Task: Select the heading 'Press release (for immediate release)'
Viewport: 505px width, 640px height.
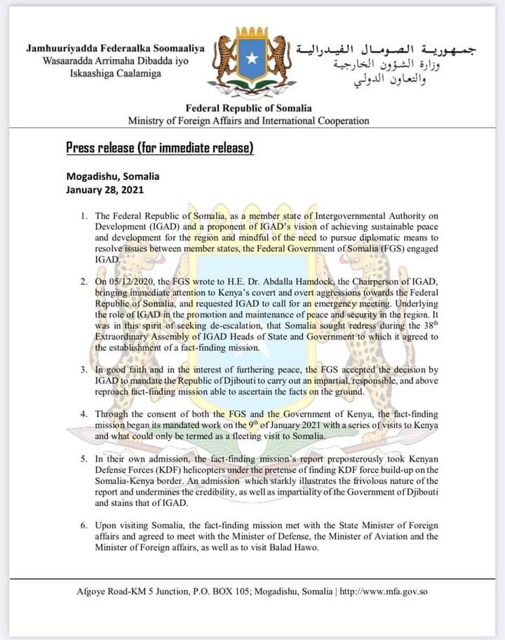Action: tap(159, 148)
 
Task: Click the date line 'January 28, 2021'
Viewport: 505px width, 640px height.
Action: tap(104, 189)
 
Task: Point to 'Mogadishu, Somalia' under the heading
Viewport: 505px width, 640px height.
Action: tap(113, 176)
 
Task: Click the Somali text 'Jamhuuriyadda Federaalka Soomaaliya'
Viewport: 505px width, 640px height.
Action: tap(115, 49)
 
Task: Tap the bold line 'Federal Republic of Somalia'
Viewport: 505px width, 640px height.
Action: tap(248, 109)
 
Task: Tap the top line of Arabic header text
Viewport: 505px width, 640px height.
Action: tap(386, 50)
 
